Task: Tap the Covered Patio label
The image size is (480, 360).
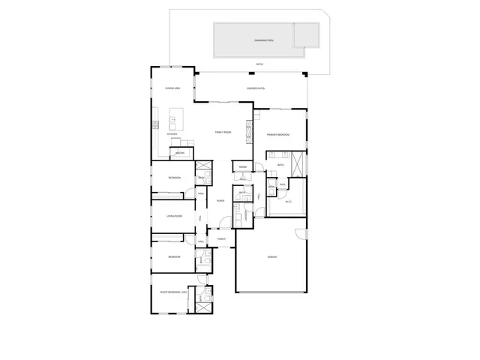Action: [253, 88]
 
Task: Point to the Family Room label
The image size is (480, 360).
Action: [223, 132]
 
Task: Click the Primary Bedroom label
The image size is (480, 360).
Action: [277, 135]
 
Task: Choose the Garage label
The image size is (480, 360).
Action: [273, 257]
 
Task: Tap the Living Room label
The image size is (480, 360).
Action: [175, 217]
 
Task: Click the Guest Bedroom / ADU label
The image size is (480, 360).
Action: [172, 291]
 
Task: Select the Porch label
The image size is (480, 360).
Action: [222, 239]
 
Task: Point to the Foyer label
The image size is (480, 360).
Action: [221, 201]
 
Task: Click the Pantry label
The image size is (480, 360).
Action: [180, 153]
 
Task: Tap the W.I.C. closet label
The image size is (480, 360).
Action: [289, 201]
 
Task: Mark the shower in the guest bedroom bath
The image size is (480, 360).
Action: [203, 305]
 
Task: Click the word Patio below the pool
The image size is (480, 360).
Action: [259, 64]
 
